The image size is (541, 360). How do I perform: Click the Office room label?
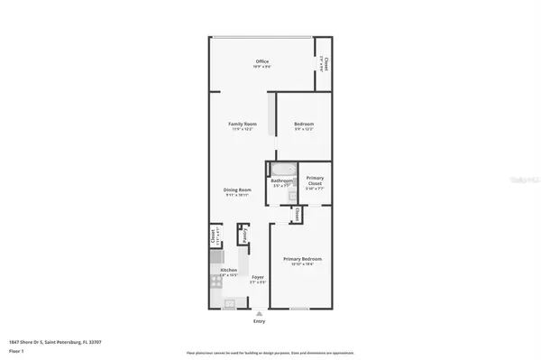(262, 62)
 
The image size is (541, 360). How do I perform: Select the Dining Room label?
(238, 189)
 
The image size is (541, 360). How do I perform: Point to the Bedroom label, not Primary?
(303, 123)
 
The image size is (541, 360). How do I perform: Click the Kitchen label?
(229, 271)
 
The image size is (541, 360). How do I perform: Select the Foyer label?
(257, 278)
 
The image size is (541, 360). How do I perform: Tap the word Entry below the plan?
(260, 320)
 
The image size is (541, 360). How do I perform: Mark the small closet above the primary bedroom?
(296, 215)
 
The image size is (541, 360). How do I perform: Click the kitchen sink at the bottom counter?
(229, 303)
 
